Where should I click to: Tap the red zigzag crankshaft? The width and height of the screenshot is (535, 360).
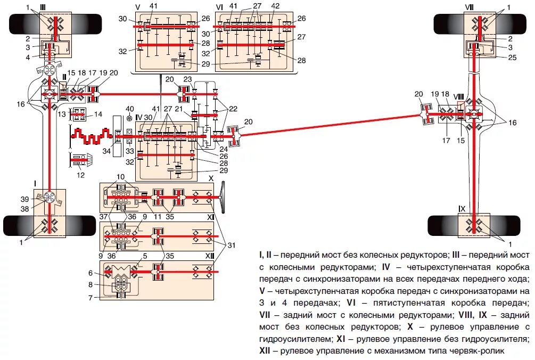[90, 137]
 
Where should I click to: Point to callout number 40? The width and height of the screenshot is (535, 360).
[129, 109]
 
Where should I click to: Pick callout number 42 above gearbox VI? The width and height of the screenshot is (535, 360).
[275, 6]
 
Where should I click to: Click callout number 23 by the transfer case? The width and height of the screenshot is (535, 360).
[187, 79]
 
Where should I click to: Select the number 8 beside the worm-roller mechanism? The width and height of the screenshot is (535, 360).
[90, 284]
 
